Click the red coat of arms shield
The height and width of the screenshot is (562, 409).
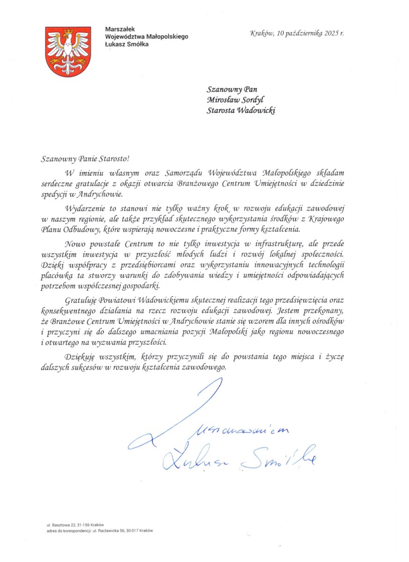click(x=68, y=52)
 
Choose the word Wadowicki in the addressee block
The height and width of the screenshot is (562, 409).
click(x=257, y=111)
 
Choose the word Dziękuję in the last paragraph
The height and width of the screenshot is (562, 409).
click(x=81, y=357)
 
